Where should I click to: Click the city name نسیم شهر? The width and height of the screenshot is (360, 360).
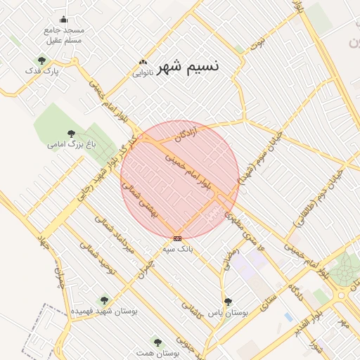point(188,66)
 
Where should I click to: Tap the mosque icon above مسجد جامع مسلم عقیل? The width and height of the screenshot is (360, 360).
point(64,20)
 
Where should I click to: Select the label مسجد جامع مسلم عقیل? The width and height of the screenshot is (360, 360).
point(64,35)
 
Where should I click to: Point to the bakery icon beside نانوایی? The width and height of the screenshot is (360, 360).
point(144,63)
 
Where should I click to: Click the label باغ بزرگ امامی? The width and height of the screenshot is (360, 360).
point(71,144)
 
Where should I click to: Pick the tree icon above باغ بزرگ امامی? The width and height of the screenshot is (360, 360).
point(70,133)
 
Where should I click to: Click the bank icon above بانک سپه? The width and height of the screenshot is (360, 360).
point(177,238)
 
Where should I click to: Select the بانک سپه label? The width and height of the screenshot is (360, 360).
point(176,249)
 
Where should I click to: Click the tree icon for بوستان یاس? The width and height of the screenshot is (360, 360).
point(228,301)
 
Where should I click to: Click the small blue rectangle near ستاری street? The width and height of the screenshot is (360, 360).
point(288,317)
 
